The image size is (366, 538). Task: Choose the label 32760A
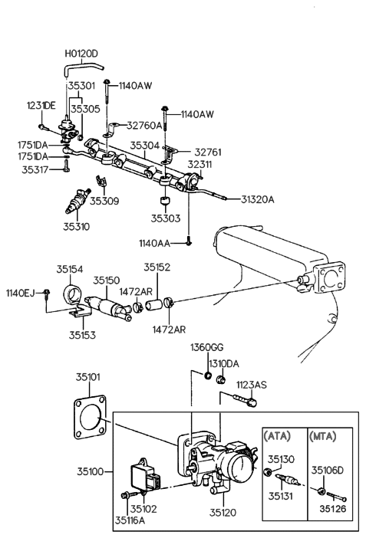click(x=145, y=125)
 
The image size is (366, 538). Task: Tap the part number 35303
click(x=166, y=218)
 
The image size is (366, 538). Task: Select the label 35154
click(x=69, y=269)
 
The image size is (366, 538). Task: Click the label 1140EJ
click(x=21, y=292)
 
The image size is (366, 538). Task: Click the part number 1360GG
click(x=205, y=349)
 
